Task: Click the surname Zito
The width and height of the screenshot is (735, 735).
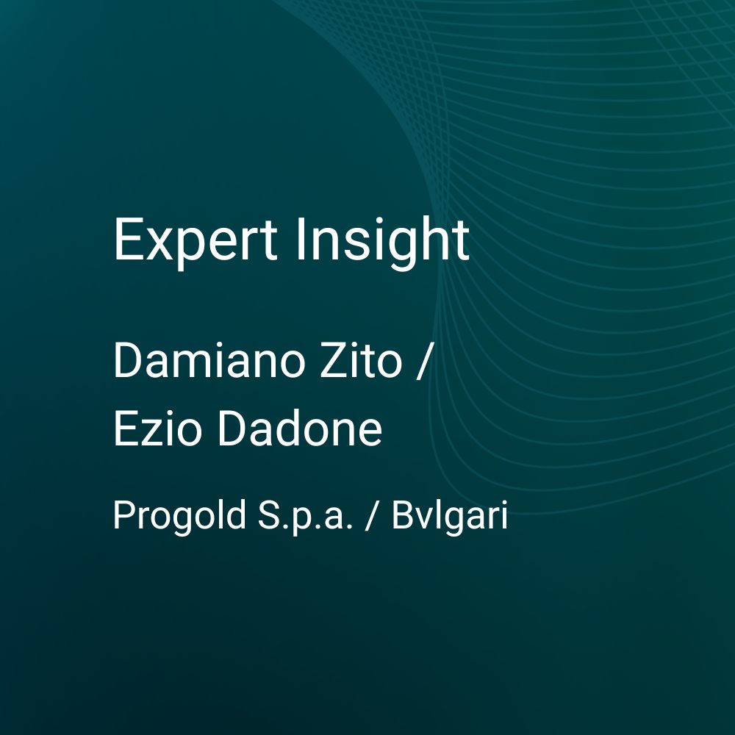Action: coord(361,360)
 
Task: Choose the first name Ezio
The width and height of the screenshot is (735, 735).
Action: coord(157,428)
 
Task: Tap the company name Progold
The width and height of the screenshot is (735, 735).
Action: coord(179,516)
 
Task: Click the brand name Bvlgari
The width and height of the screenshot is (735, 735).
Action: coord(450,516)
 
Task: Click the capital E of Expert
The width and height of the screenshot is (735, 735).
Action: coord(127,239)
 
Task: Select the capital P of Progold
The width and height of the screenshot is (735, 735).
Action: coord(125,514)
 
